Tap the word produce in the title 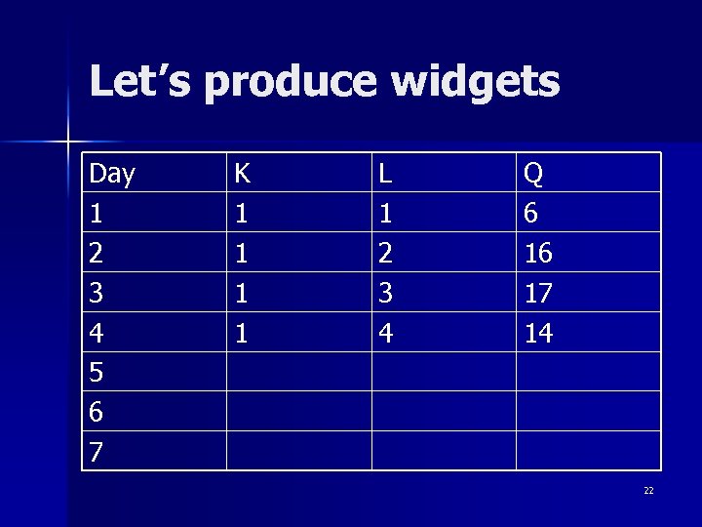(288, 84)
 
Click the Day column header (112, 174)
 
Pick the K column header (242, 174)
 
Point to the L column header (386, 174)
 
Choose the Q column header (533, 174)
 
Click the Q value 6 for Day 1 (531, 214)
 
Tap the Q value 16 (538, 254)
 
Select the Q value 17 (538, 294)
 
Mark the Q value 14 (538, 334)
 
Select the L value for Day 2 (386, 254)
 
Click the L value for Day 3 (386, 294)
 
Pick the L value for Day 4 (386, 334)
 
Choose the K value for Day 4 (241, 334)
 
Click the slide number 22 (648, 491)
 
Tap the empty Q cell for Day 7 (588, 451)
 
